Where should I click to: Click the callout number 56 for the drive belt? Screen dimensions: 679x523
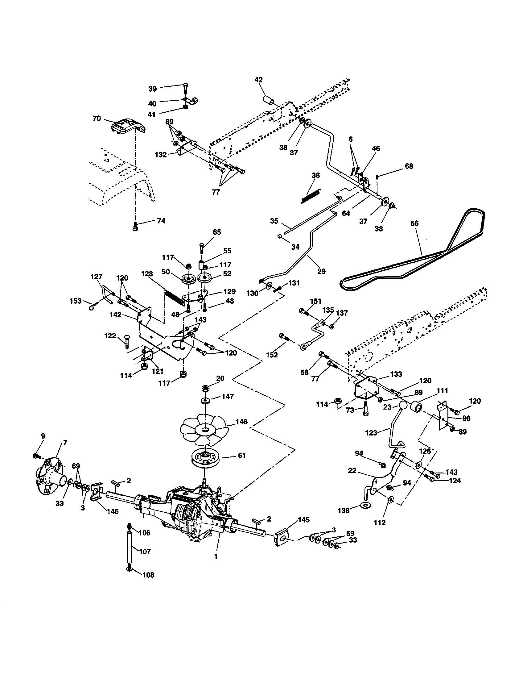(414, 223)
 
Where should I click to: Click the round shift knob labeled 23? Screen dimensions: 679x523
(403, 406)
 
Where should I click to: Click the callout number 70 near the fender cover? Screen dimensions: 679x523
(97, 119)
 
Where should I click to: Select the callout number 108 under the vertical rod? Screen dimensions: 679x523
(148, 575)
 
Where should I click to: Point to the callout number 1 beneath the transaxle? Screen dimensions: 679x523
(216, 556)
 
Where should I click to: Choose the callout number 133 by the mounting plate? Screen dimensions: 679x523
(396, 374)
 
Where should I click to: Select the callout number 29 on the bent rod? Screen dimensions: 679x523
(322, 271)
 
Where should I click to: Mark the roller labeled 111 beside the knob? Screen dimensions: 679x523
(416, 406)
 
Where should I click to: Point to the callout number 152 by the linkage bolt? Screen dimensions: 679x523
(272, 355)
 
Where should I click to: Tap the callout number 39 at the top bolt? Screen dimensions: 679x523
(152, 89)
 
